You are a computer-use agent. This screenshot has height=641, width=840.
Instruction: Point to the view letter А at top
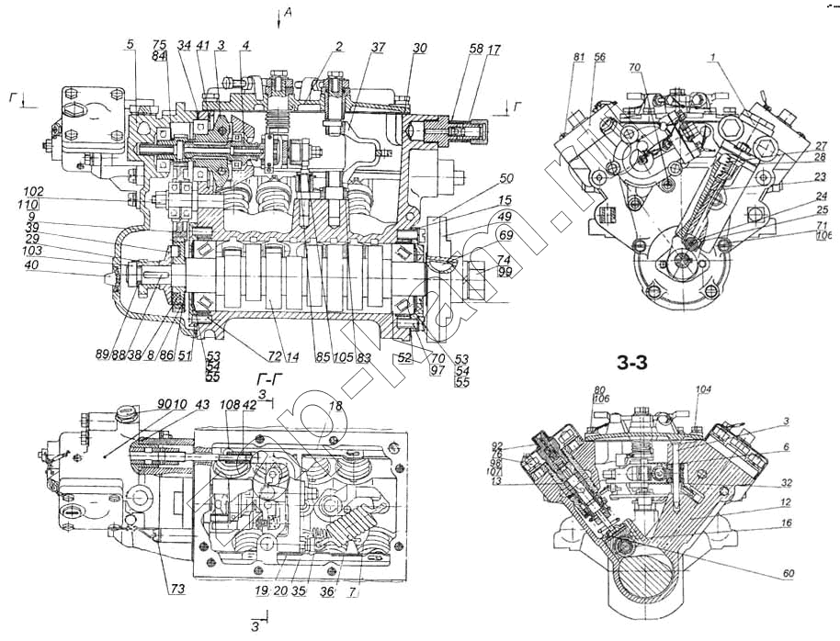(288, 12)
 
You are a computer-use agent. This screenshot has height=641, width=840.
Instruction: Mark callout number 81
(579, 57)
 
